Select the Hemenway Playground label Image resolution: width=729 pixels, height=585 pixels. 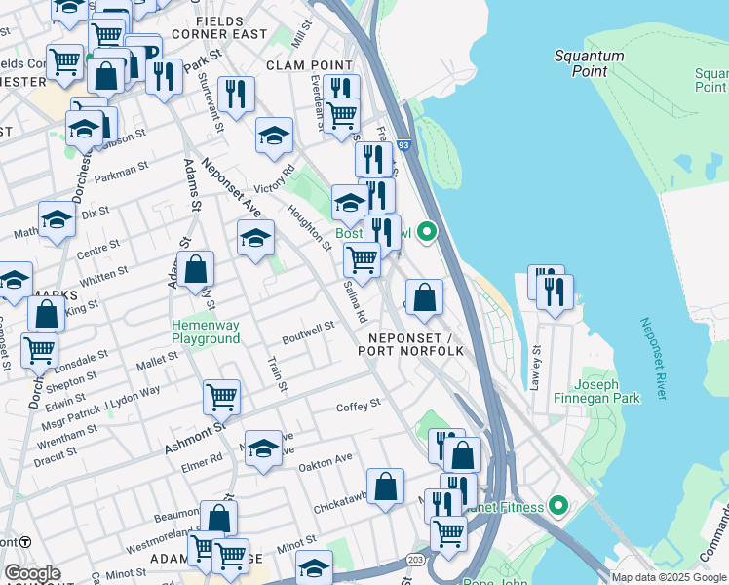pos(206,331)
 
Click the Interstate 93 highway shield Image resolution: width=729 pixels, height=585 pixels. pos(403,144)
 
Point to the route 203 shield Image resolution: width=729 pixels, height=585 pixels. pos(416,559)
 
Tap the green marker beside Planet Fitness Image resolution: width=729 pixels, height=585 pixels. pos(558,505)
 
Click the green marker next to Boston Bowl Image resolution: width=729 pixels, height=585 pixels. pos(427,233)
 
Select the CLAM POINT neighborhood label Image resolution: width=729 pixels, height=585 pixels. pos(308,65)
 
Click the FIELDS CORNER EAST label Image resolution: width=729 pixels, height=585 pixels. pos(232,27)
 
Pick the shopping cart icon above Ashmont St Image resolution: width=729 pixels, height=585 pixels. pos(221,396)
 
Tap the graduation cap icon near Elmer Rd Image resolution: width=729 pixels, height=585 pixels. pos(262,448)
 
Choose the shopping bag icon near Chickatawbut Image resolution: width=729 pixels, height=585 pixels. pos(386,487)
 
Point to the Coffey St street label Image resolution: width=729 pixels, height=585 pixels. pos(358,406)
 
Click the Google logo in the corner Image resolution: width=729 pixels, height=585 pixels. pos(32,573)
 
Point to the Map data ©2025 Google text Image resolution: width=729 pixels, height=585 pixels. pos(668,577)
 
